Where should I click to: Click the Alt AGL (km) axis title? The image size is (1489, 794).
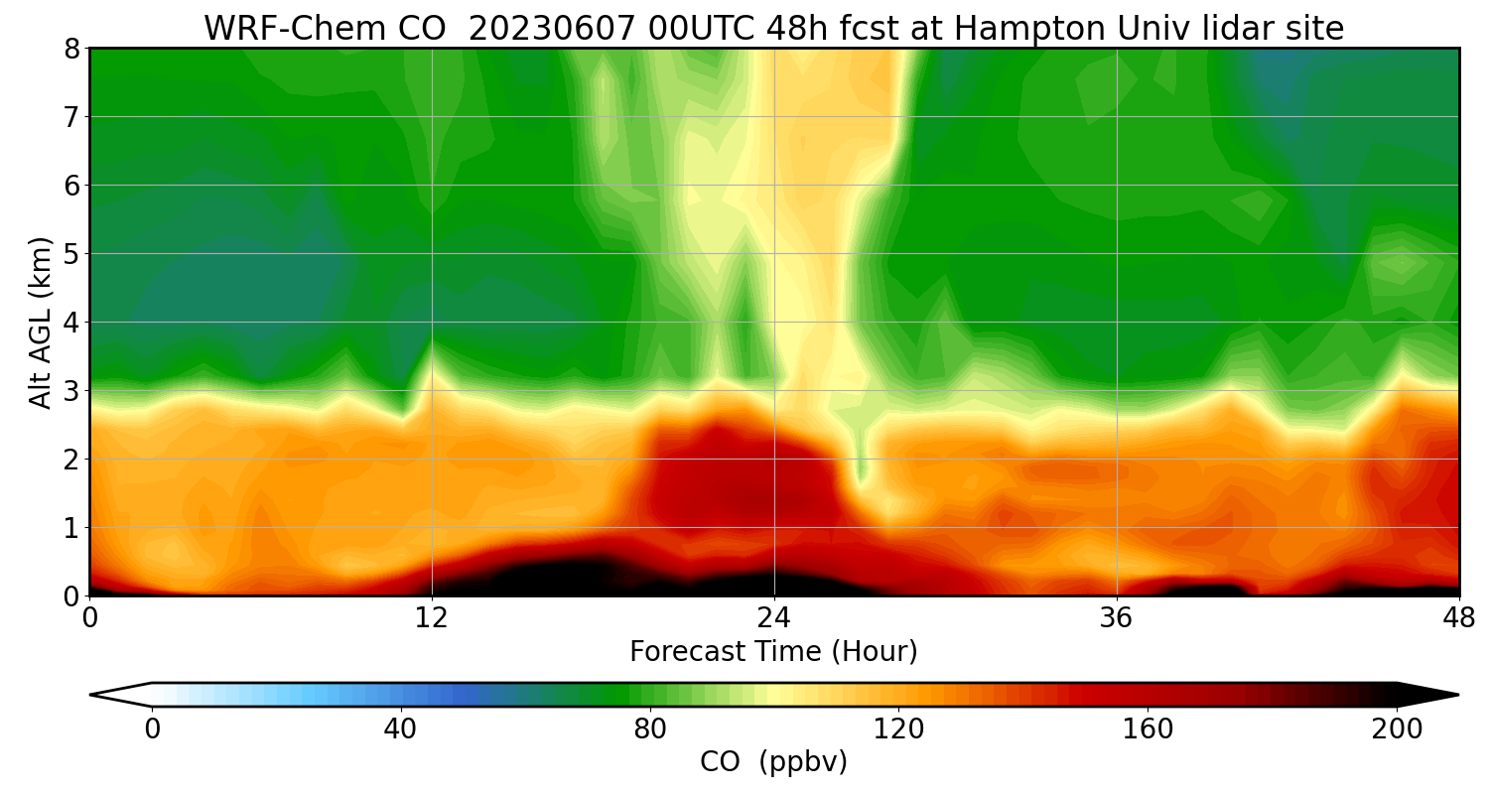41,322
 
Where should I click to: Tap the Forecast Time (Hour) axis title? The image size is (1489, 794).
773,652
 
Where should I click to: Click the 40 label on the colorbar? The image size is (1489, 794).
400,729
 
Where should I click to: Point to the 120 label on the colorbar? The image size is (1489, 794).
898,729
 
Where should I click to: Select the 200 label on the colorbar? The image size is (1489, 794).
1397,729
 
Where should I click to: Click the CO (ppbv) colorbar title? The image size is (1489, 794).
773,762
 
